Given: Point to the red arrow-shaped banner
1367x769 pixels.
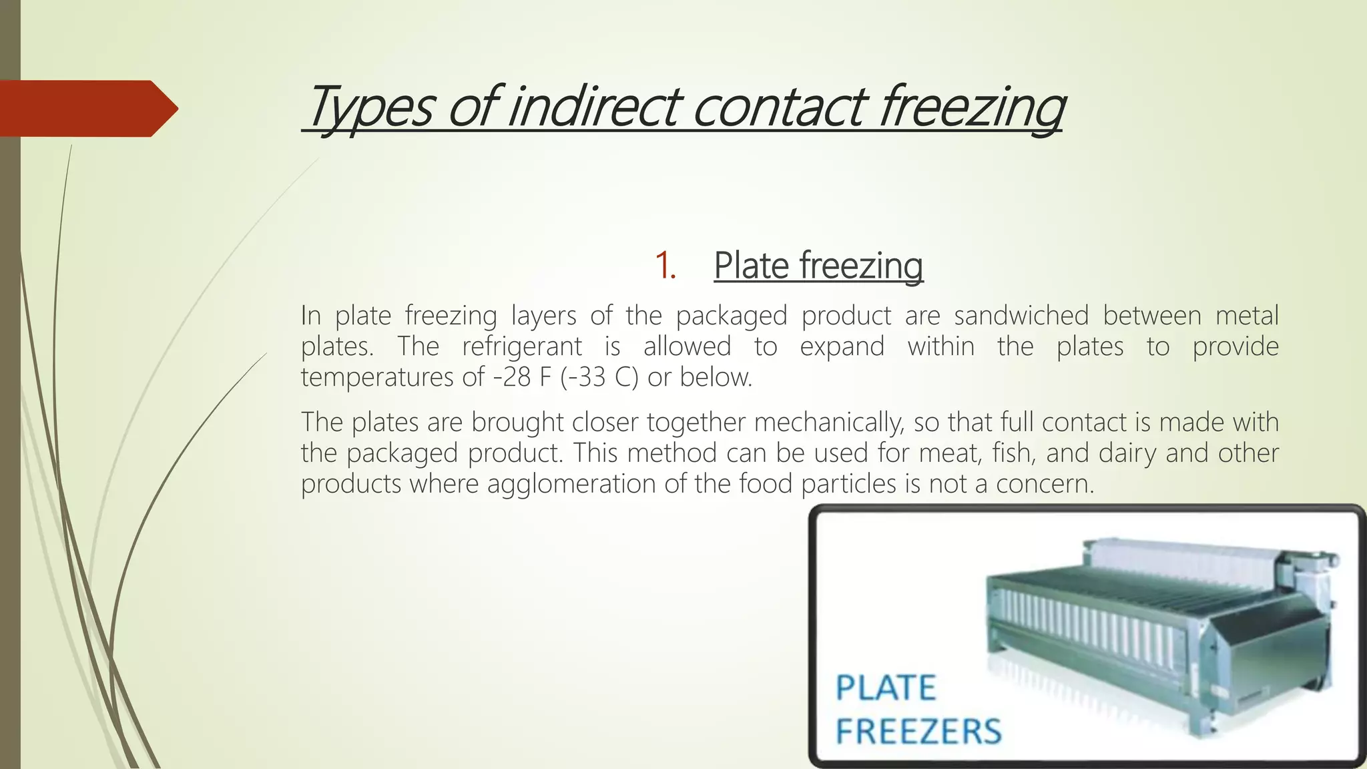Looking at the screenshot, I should click(87, 108).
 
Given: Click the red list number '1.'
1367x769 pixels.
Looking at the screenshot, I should click(665, 265).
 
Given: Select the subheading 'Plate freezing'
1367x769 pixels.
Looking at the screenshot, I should click(818, 265).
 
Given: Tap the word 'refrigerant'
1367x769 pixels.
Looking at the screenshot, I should click(522, 346).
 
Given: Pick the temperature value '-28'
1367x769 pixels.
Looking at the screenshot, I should click(512, 377).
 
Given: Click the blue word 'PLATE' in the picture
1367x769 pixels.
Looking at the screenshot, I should click(886, 688).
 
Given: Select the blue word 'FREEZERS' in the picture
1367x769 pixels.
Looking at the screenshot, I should click(918, 732).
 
